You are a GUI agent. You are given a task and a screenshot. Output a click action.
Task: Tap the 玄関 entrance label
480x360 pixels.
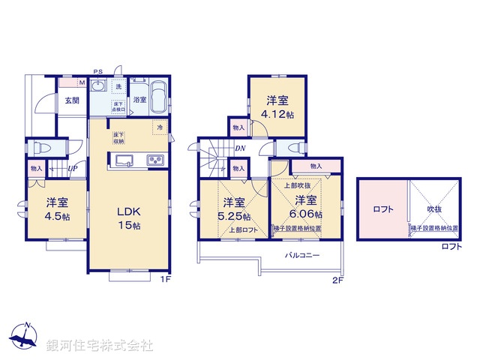[71, 100]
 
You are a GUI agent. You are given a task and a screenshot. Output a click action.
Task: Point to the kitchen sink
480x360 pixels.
[124, 159]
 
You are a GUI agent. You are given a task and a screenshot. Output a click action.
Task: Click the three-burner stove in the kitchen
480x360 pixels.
[156, 160]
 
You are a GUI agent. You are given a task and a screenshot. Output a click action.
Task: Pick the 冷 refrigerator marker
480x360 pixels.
[160, 127]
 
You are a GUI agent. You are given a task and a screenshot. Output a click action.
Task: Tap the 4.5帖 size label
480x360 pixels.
[56, 216]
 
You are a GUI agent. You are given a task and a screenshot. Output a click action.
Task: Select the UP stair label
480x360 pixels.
[73, 169]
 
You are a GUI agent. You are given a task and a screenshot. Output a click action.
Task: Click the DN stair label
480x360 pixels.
[240, 148]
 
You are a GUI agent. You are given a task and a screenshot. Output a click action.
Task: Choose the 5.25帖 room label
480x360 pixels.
[234, 216]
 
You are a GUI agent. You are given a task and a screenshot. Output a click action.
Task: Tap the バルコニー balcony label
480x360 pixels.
[302, 256]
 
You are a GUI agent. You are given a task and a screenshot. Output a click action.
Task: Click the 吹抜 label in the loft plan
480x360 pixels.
[435, 209]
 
